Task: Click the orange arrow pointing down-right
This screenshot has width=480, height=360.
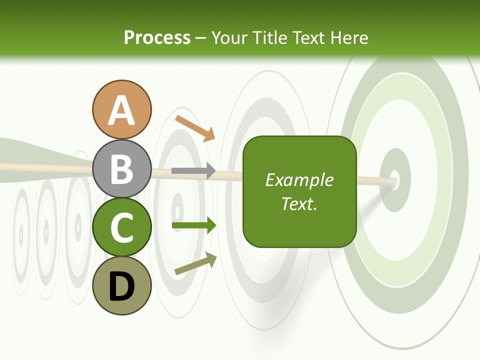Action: [x=195, y=128]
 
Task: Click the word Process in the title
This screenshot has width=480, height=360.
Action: [x=157, y=37]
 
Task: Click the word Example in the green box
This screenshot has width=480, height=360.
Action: [x=299, y=180]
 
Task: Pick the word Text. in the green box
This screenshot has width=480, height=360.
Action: [x=299, y=203]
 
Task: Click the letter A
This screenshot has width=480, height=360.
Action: [x=122, y=111]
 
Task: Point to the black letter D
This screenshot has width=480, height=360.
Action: [x=122, y=287]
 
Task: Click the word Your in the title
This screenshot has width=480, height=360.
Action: [x=228, y=37]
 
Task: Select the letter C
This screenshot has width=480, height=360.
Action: [x=122, y=228]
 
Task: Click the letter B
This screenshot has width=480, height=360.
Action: [x=122, y=169]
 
